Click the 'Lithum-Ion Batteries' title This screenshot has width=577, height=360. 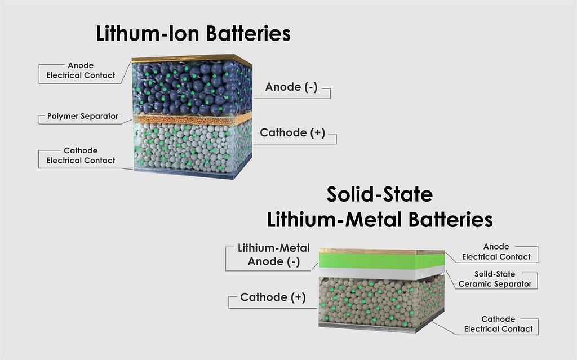(193, 34)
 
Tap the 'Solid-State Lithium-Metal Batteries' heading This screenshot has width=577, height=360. (380, 207)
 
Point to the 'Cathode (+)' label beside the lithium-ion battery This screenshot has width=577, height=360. (292, 133)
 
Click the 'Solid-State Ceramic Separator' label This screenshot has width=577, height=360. (495, 279)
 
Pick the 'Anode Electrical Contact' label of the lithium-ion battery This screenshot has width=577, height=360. (80, 70)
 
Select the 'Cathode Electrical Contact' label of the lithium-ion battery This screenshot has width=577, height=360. (80, 155)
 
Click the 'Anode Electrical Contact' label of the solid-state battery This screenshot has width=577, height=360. (496, 251)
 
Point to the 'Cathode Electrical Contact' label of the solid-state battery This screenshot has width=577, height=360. (498, 324)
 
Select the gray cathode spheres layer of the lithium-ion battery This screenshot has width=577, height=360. (189, 148)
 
